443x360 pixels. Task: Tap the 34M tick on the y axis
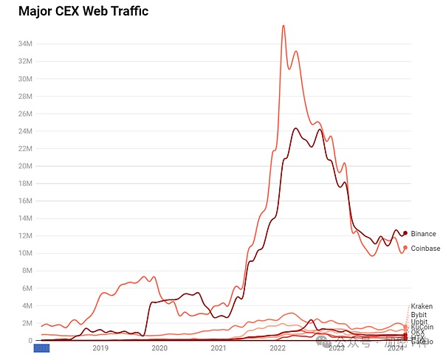click(x=24, y=44)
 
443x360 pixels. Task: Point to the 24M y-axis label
click(x=24, y=131)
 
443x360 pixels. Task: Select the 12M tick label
click(x=24, y=236)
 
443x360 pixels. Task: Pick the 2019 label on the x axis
click(x=100, y=348)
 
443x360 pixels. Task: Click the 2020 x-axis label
click(x=159, y=348)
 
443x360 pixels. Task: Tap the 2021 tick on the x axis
click(x=219, y=348)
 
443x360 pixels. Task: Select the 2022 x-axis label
click(x=278, y=348)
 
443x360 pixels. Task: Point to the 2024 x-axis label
click(x=396, y=348)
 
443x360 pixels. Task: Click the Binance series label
click(x=423, y=234)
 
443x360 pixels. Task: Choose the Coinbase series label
click(x=425, y=249)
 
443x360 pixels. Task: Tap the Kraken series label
click(x=421, y=306)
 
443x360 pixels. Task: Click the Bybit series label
click(x=419, y=315)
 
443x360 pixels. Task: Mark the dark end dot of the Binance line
click(x=405, y=233)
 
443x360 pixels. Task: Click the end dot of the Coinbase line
click(x=405, y=248)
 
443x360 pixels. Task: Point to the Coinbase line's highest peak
click(x=284, y=26)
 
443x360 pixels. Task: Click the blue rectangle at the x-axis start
click(x=41, y=348)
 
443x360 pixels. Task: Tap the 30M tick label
click(x=24, y=79)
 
